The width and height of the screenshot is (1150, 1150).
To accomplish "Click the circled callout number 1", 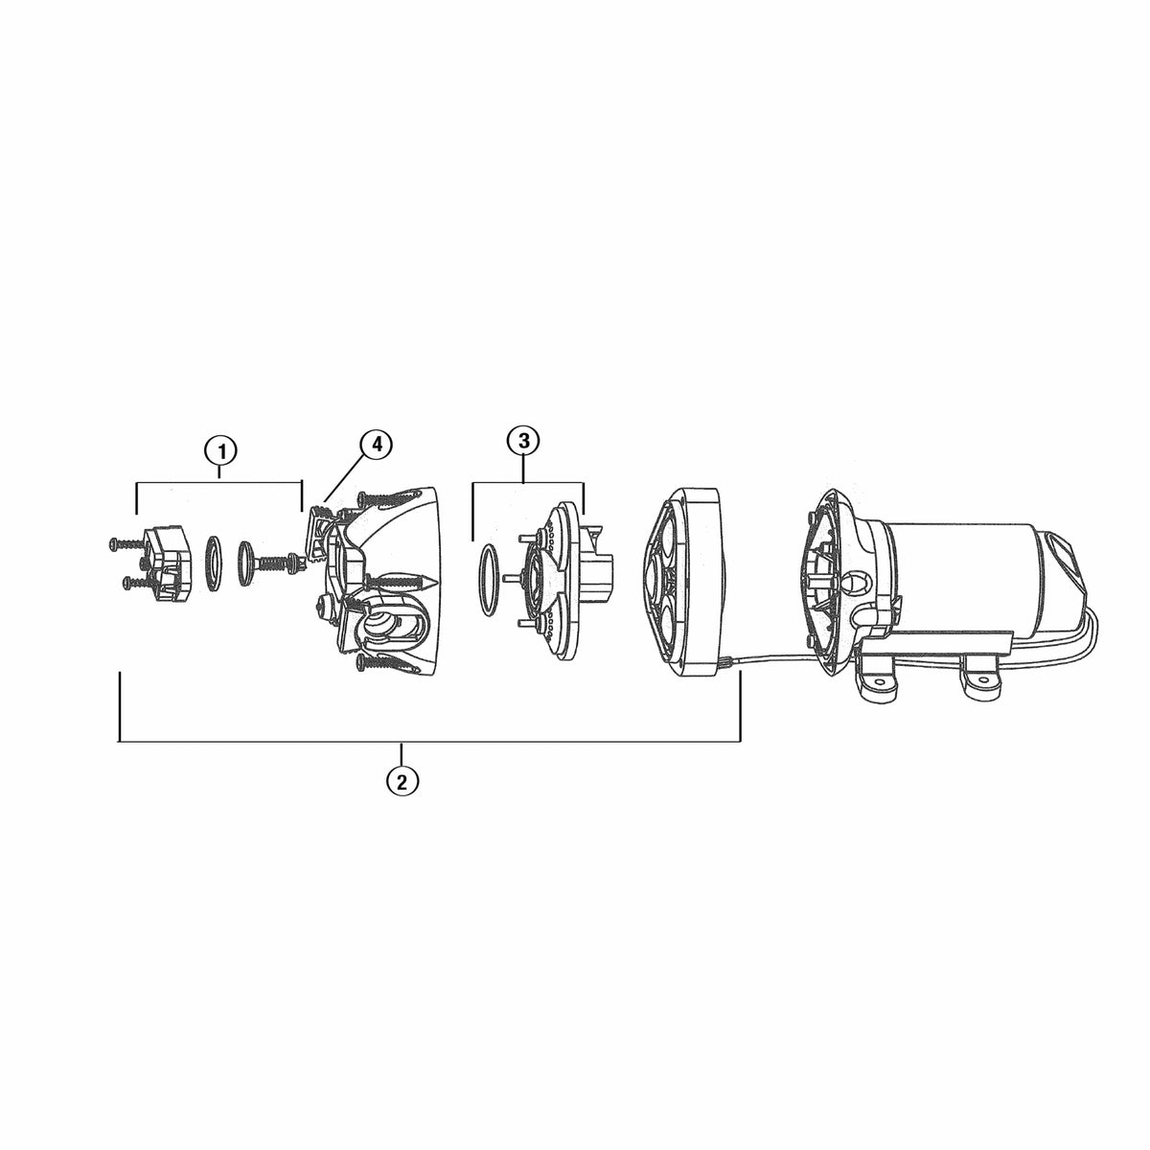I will point(221,449).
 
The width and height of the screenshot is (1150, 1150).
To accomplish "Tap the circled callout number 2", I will point(402,780).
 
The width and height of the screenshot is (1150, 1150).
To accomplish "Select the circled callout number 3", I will point(523,441).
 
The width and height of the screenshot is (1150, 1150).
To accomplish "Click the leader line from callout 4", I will point(345,474).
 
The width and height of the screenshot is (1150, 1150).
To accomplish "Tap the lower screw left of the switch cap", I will point(135,581).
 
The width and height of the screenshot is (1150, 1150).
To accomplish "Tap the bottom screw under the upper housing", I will point(387,661).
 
